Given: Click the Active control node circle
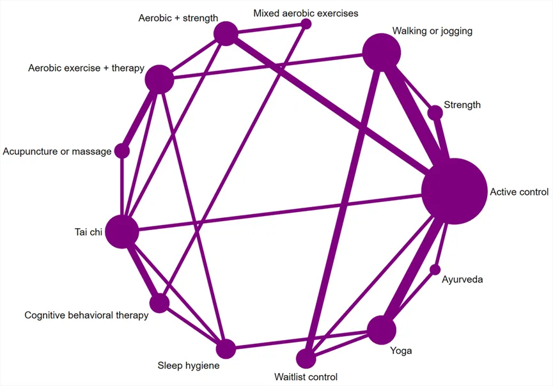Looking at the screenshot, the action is click(455, 191).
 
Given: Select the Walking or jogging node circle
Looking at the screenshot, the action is click(382, 52).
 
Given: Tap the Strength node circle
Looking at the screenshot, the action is click(435, 113).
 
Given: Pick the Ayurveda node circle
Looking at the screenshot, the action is click(435, 270).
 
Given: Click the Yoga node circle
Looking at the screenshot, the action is click(382, 330).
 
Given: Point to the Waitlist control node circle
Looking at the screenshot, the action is click(306, 359).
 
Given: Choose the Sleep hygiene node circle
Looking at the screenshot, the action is click(226, 349).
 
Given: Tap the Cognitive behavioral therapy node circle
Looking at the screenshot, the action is click(159, 303).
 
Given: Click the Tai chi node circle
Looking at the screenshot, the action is click(122, 231).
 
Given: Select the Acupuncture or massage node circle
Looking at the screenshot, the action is click(122, 151).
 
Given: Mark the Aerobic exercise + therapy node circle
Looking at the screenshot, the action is click(159, 79).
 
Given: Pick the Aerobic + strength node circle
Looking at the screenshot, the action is click(226, 33).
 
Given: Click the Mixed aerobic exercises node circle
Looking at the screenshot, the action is click(306, 24).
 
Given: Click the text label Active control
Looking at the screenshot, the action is click(519, 192).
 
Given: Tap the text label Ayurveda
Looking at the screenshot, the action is click(462, 279).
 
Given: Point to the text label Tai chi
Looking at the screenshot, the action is click(88, 232).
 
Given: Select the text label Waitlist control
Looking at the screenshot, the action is click(306, 377).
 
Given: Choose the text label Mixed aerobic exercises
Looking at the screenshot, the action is click(306, 13).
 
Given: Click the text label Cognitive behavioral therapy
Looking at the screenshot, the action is click(86, 315).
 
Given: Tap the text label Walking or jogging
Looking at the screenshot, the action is click(432, 31).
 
